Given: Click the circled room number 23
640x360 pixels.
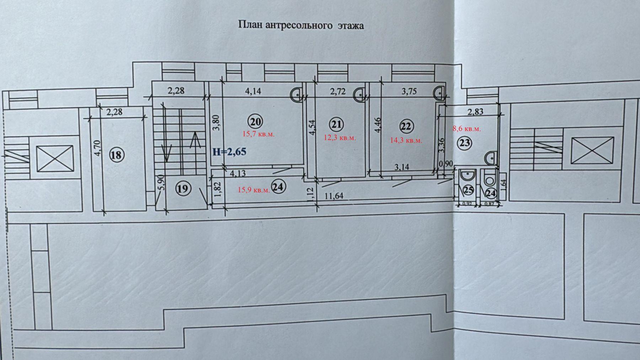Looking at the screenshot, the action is click(465, 143).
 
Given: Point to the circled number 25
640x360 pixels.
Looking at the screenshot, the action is click(469, 191).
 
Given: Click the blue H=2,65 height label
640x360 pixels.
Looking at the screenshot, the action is click(229, 152).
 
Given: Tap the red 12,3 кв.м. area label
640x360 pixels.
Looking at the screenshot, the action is click(340, 138).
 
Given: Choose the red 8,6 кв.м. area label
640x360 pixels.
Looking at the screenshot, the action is click(466, 128).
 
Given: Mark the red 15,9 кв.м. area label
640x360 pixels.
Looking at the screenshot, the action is click(254, 190).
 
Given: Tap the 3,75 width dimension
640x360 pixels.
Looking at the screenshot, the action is click(409, 91).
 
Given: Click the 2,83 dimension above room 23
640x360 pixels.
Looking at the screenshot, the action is click(475, 112).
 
